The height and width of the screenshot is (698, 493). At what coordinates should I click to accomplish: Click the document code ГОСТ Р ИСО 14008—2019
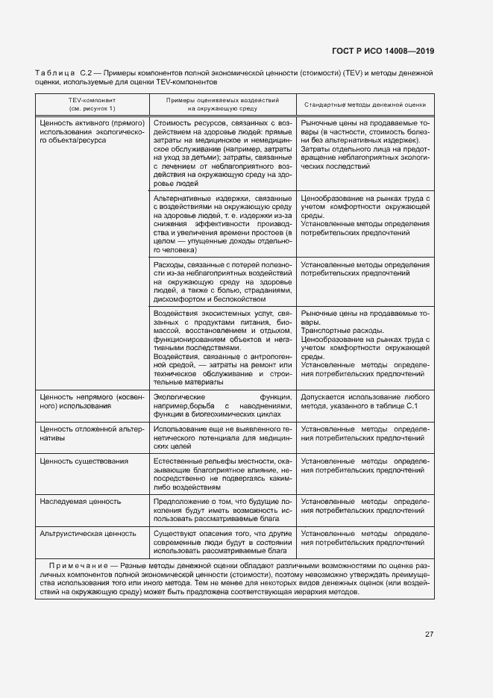[383, 52]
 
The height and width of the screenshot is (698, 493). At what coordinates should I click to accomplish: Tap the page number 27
[429, 634]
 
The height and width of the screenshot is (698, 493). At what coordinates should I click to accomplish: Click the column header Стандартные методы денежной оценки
[365, 105]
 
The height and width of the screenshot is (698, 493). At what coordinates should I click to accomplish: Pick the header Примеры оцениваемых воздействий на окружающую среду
[222, 104]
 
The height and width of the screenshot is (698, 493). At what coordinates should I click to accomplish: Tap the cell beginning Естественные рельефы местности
[222, 472]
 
